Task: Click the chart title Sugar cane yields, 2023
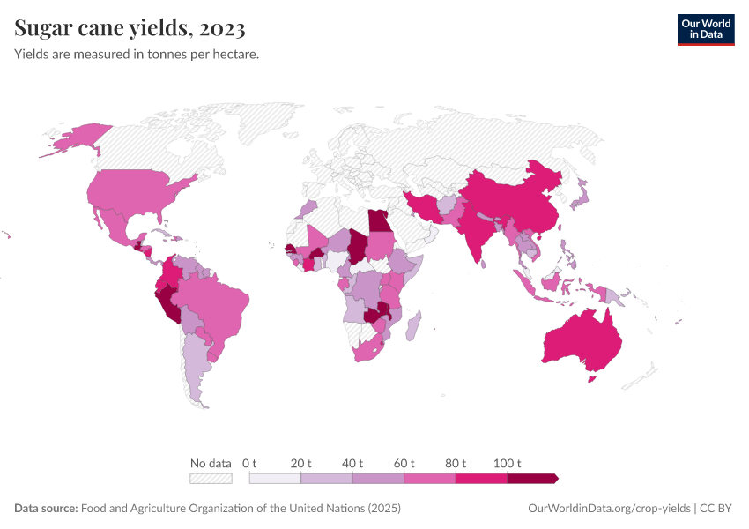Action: (x=130, y=29)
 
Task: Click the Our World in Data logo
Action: (x=705, y=29)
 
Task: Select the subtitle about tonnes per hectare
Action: (x=137, y=55)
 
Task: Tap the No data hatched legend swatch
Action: (x=211, y=479)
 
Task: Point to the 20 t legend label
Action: (x=301, y=463)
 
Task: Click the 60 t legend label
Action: (x=404, y=463)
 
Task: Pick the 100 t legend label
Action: (x=508, y=463)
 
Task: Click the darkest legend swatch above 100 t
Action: (x=531, y=479)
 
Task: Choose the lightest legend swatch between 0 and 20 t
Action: (x=275, y=479)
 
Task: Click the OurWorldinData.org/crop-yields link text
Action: (x=609, y=509)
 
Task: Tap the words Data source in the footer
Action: (x=46, y=509)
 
